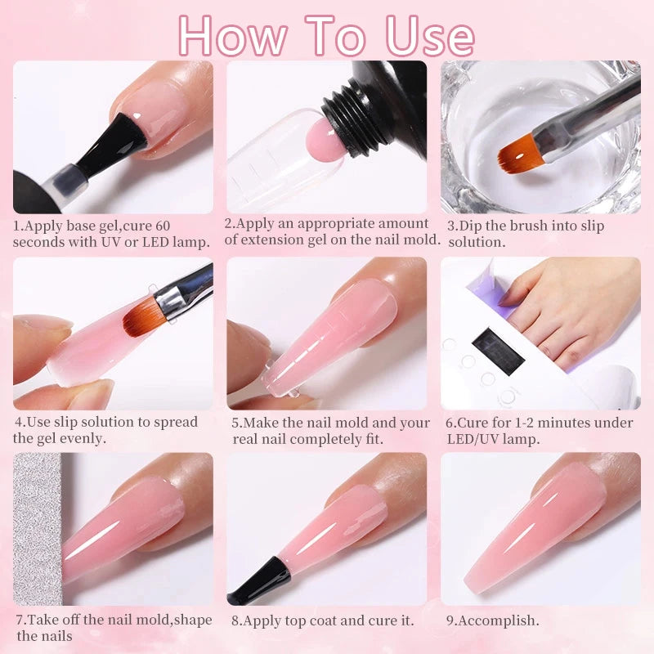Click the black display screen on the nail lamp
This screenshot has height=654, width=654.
tap(498, 351)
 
